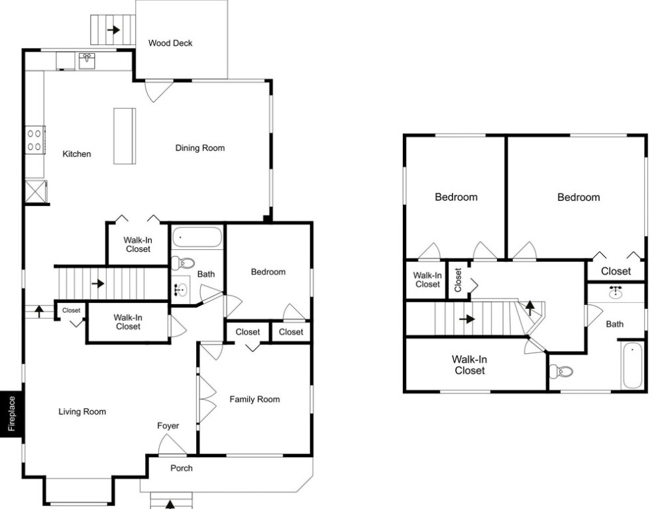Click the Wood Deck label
click(170, 43)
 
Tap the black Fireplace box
click(12, 414)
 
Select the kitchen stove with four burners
click(35, 140)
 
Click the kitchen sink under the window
click(87, 60)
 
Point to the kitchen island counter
click(125, 136)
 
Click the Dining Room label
click(200, 148)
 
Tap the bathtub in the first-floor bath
click(197, 237)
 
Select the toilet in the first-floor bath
click(184, 263)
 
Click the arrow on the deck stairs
click(113, 30)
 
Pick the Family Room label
click(254, 399)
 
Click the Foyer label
click(168, 425)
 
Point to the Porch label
click(182, 468)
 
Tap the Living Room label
click(82, 412)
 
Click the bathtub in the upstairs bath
click(632, 365)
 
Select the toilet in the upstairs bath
click(561, 371)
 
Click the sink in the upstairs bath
click(616, 292)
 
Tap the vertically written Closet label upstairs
click(458, 280)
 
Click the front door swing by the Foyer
click(172, 445)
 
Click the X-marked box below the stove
click(36, 192)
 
